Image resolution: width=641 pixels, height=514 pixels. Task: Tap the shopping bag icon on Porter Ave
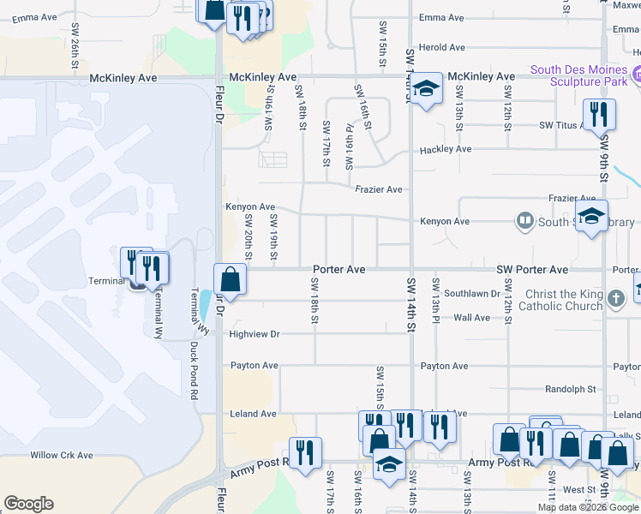pos(230,278)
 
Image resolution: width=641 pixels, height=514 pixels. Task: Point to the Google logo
pos(28,504)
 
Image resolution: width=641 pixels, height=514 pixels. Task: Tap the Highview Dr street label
pos(255,334)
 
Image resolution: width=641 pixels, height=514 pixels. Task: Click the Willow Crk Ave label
pos(61,455)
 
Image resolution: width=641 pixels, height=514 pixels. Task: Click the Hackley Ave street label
pos(446,149)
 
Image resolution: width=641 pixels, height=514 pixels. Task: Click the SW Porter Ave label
pos(532,270)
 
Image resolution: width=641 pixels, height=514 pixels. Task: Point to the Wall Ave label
pos(471,318)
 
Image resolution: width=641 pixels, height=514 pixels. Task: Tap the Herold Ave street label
pos(441,48)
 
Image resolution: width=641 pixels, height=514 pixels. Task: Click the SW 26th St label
pos(75,48)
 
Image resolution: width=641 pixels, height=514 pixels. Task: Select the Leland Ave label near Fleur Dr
pos(253,414)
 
